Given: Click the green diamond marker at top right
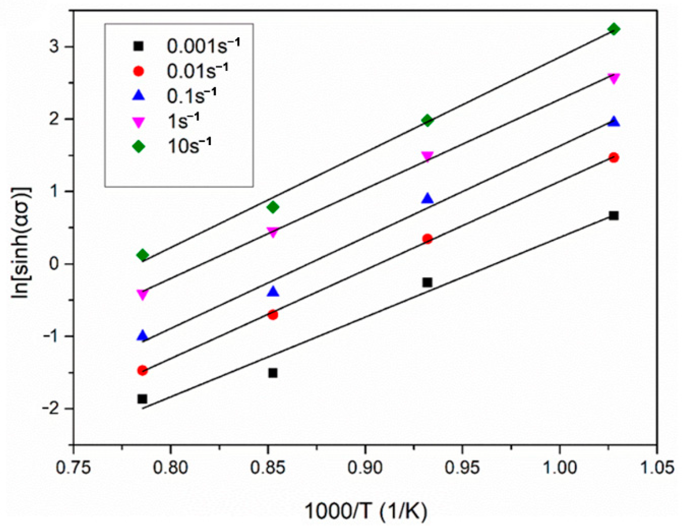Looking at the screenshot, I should (x=614, y=29).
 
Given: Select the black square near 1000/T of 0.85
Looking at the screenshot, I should (x=273, y=373).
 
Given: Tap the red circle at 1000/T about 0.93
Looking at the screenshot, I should (x=428, y=239).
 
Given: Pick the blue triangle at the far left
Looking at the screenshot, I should (x=142, y=336).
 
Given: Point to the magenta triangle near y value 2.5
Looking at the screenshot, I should (x=614, y=79).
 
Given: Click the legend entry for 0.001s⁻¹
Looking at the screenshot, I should (x=203, y=46).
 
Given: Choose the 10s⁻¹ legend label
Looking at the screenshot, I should (x=189, y=146).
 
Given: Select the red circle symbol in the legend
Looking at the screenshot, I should (x=139, y=71).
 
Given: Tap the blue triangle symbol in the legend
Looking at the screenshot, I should (x=139, y=96).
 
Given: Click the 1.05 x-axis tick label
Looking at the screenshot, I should (x=656, y=468).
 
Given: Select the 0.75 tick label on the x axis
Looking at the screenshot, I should (x=73, y=468).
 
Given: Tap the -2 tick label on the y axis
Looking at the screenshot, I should (x=51, y=409).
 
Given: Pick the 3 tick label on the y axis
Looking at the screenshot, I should (x=54, y=47).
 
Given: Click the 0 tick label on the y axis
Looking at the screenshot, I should (x=54, y=264).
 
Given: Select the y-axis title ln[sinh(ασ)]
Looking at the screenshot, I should (x=21, y=243).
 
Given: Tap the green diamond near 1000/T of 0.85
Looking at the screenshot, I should (x=273, y=207).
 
